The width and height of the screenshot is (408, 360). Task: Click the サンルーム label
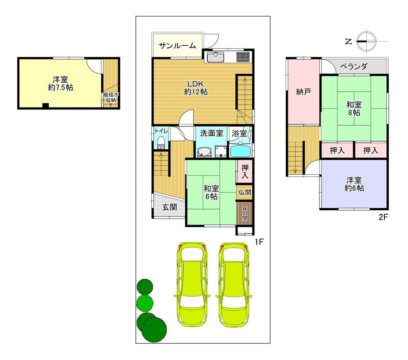point(177,46)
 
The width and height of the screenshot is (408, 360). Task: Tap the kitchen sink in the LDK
point(215,57)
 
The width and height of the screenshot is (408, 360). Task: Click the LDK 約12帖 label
point(196,88)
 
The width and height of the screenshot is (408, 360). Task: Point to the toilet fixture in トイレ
point(161,143)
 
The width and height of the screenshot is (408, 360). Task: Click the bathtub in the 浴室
point(241,151)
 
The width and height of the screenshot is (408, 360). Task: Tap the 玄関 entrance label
point(169,207)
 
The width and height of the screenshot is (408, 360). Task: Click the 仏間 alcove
point(244,192)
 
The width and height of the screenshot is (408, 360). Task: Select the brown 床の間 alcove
point(244,213)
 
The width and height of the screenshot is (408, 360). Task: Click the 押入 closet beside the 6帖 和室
point(244,171)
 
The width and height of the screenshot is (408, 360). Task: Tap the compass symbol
point(366,41)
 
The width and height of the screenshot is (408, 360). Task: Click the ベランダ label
point(354,67)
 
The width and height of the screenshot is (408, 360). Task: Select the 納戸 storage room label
point(304,91)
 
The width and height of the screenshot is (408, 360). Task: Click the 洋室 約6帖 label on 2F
point(354,184)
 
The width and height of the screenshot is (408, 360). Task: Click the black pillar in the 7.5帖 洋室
point(46,106)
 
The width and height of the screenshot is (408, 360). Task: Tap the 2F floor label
point(383,217)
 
